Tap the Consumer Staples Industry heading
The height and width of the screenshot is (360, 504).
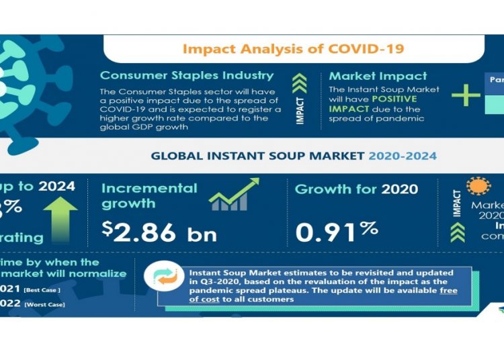(x=186, y=75)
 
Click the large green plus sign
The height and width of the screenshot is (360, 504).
(x=465, y=94)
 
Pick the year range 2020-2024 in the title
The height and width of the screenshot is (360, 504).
(x=402, y=156)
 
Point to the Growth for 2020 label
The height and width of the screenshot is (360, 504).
(x=356, y=189)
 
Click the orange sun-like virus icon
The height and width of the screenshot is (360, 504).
(x=478, y=187)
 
